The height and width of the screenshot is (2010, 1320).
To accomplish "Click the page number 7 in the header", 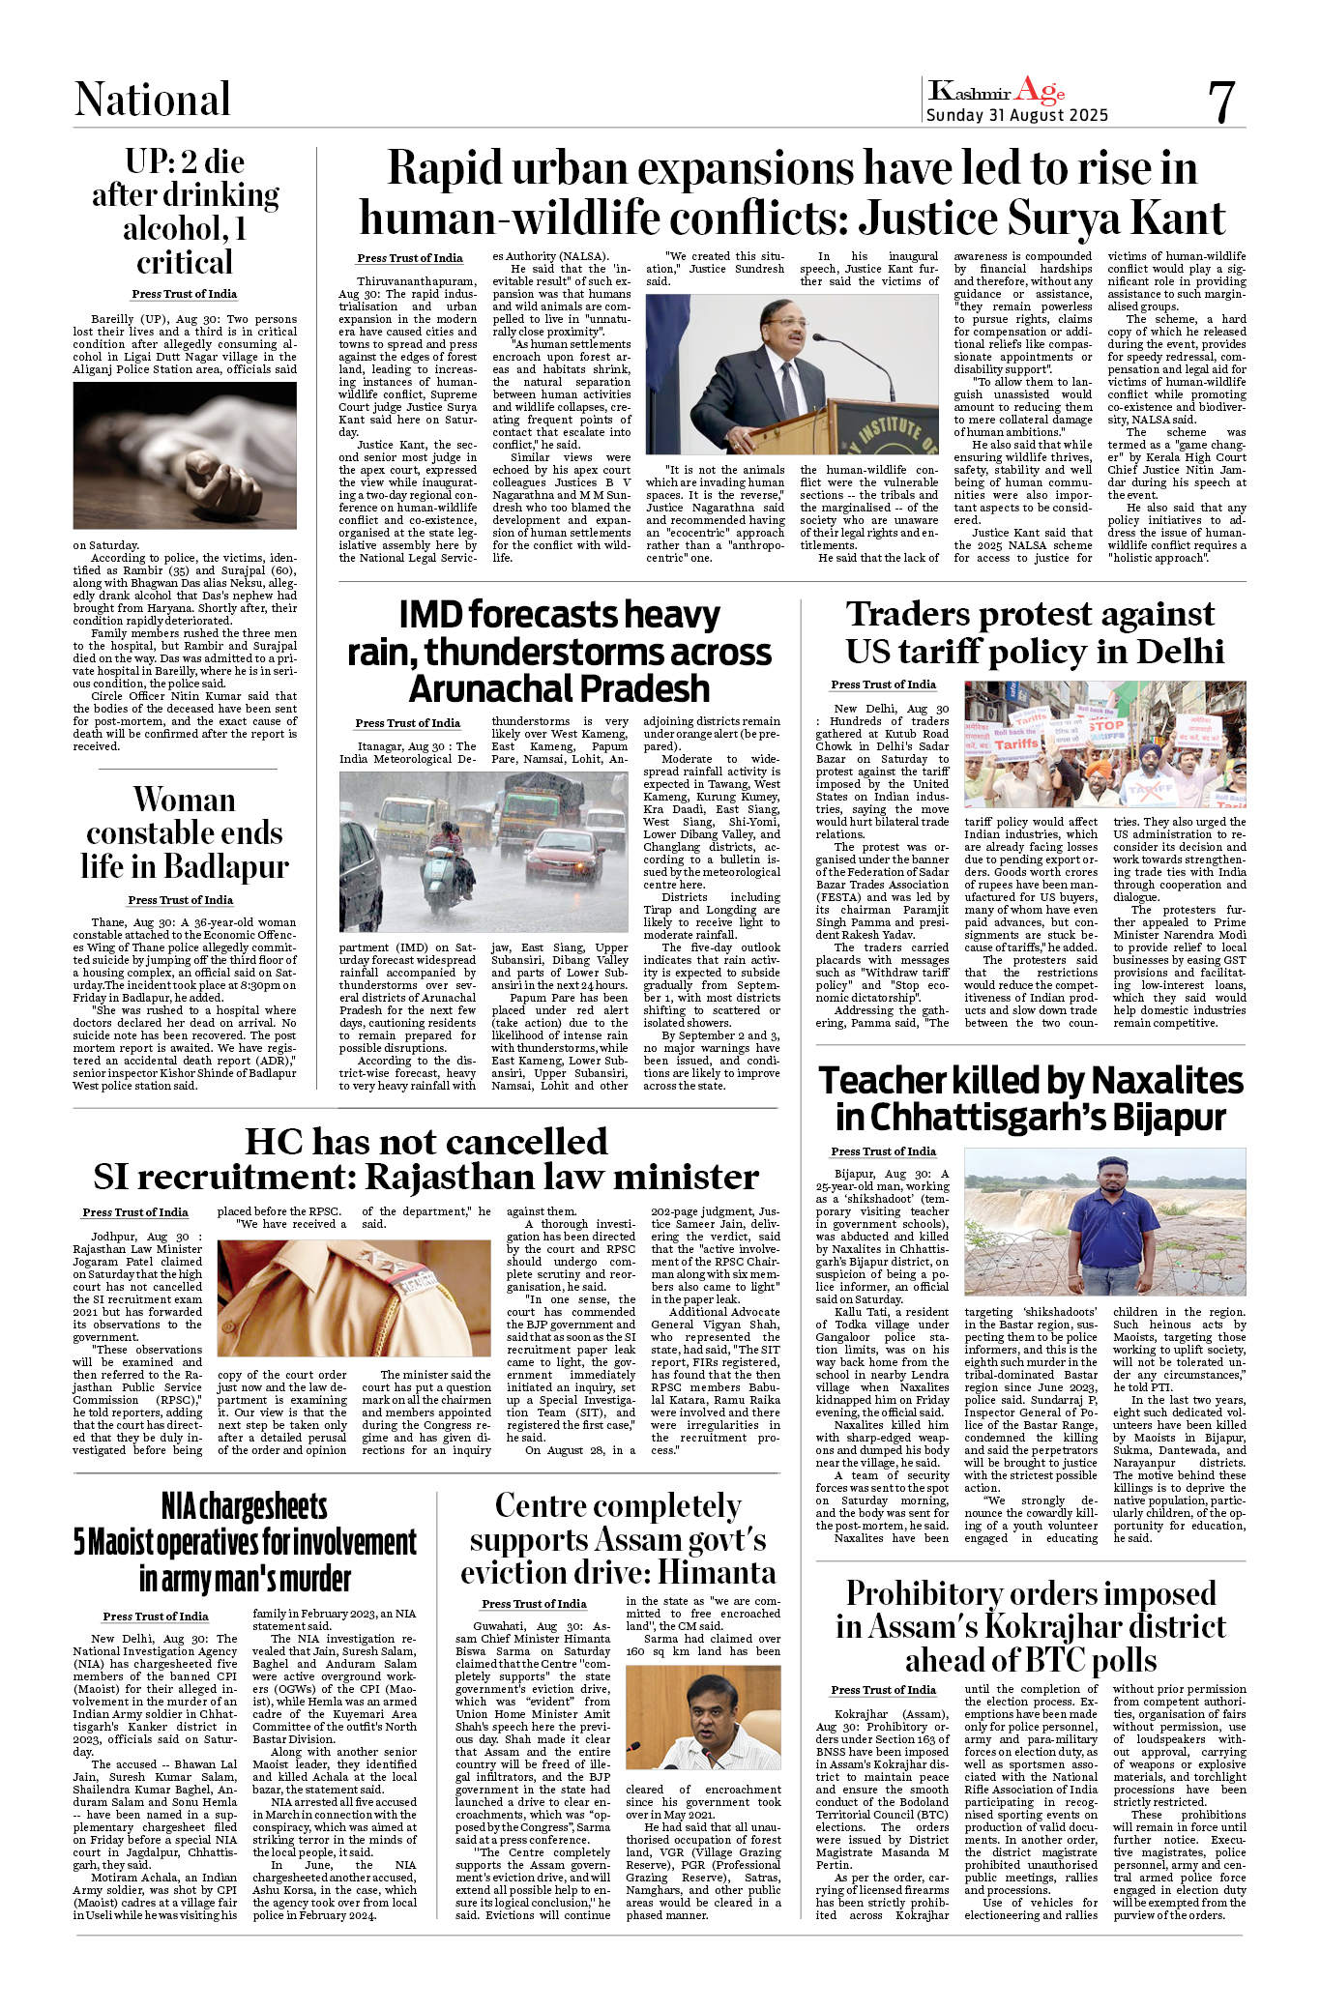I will click(1221, 102).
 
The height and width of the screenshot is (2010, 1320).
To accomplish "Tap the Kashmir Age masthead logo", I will click(996, 92).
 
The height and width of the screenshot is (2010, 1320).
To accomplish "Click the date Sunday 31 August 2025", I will click(1016, 115).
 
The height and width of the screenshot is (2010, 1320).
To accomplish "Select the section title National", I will click(153, 100).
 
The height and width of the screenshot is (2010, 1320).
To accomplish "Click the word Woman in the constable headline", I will click(184, 801).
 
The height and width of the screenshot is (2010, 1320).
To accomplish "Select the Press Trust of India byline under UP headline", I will click(185, 294).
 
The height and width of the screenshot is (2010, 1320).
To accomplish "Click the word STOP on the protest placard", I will click(1104, 725).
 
